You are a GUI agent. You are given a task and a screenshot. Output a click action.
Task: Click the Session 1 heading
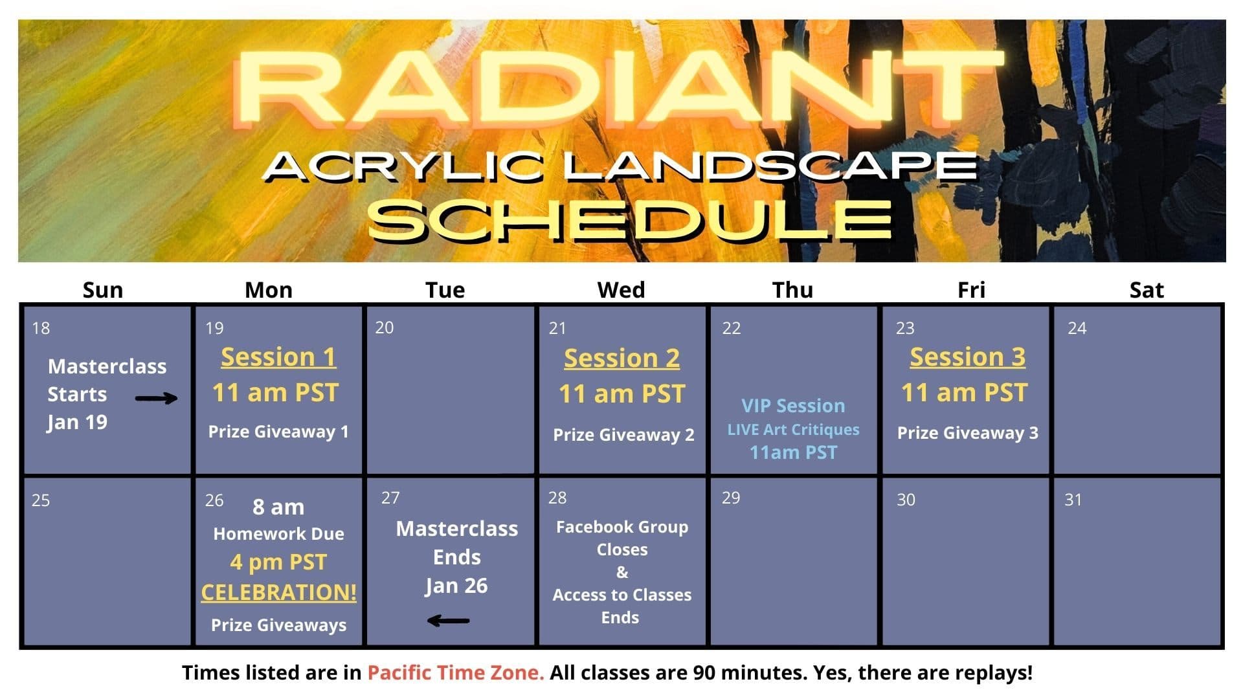click(x=278, y=357)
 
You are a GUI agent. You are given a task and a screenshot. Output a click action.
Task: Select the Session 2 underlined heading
click(x=621, y=358)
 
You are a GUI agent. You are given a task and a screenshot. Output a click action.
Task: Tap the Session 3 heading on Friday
click(x=967, y=357)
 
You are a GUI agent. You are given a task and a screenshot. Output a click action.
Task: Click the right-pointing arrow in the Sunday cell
click(x=156, y=398)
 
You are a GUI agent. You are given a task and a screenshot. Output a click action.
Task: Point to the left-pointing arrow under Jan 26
click(x=448, y=621)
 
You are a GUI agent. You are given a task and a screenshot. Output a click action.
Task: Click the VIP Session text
click(x=793, y=406)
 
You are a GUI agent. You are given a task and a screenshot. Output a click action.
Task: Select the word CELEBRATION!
click(x=278, y=592)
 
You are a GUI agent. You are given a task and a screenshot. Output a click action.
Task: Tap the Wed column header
click(x=621, y=289)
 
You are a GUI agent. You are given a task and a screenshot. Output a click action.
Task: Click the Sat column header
click(x=1146, y=289)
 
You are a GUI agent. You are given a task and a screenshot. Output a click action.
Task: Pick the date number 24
click(x=1077, y=328)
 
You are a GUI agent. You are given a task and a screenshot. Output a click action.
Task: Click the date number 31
click(x=1073, y=500)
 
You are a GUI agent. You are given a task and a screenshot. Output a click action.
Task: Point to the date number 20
click(x=384, y=327)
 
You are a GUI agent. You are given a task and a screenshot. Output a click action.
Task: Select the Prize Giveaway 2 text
click(x=623, y=435)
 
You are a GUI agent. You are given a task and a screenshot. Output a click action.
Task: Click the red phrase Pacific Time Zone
click(x=455, y=672)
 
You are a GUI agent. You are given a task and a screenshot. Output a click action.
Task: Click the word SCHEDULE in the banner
click(x=629, y=220)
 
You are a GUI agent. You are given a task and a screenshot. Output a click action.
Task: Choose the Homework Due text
click(x=278, y=534)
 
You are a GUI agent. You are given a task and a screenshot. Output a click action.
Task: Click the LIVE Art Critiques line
click(x=793, y=430)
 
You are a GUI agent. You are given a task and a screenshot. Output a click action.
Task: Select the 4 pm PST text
click(x=278, y=562)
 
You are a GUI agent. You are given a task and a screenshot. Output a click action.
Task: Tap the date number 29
click(x=730, y=498)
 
